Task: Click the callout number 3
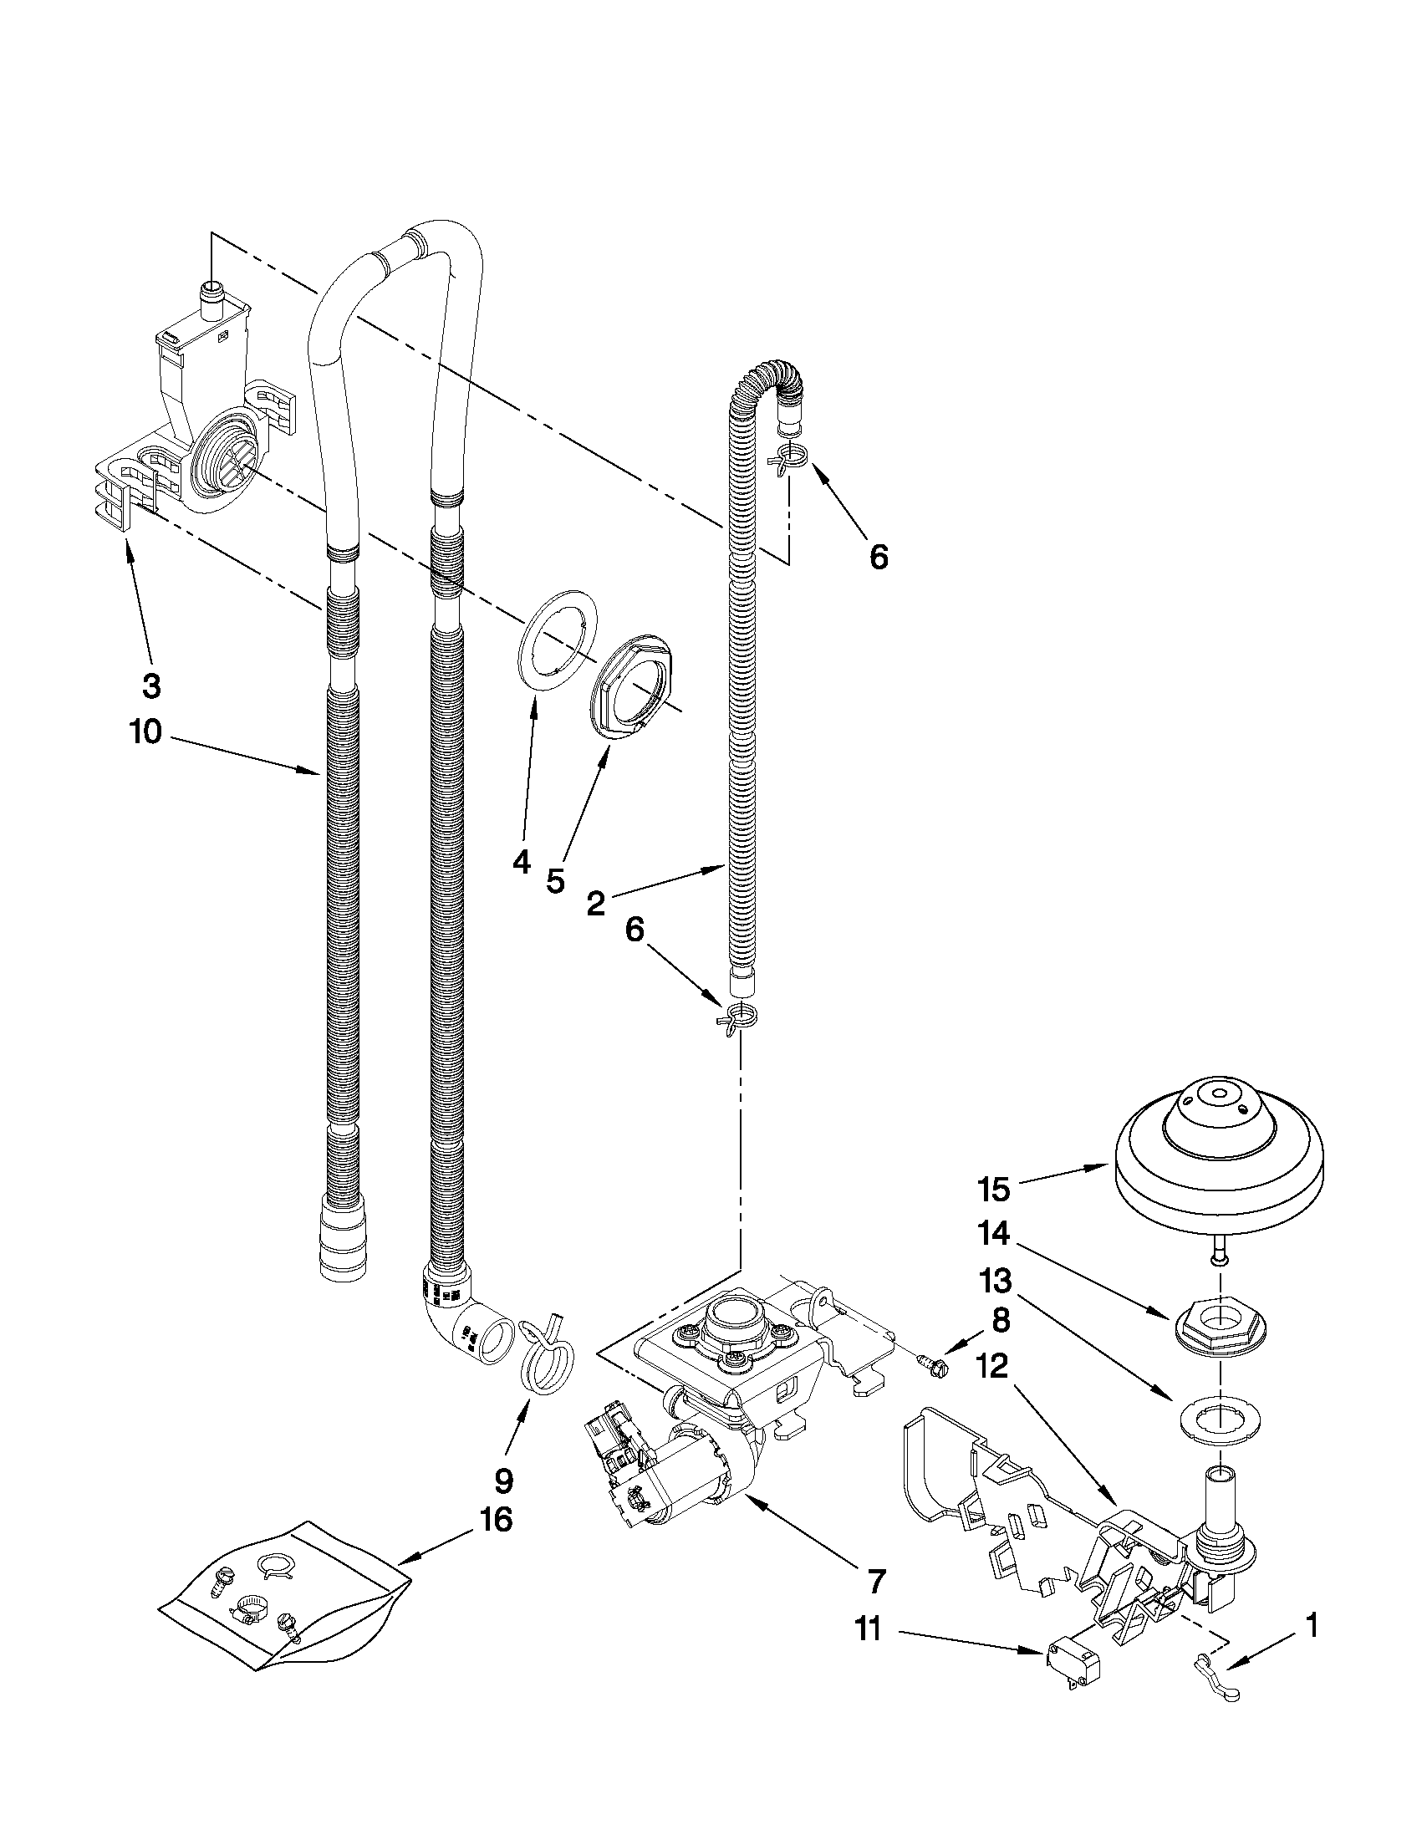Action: point(150,686)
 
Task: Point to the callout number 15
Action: point(993,1189)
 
